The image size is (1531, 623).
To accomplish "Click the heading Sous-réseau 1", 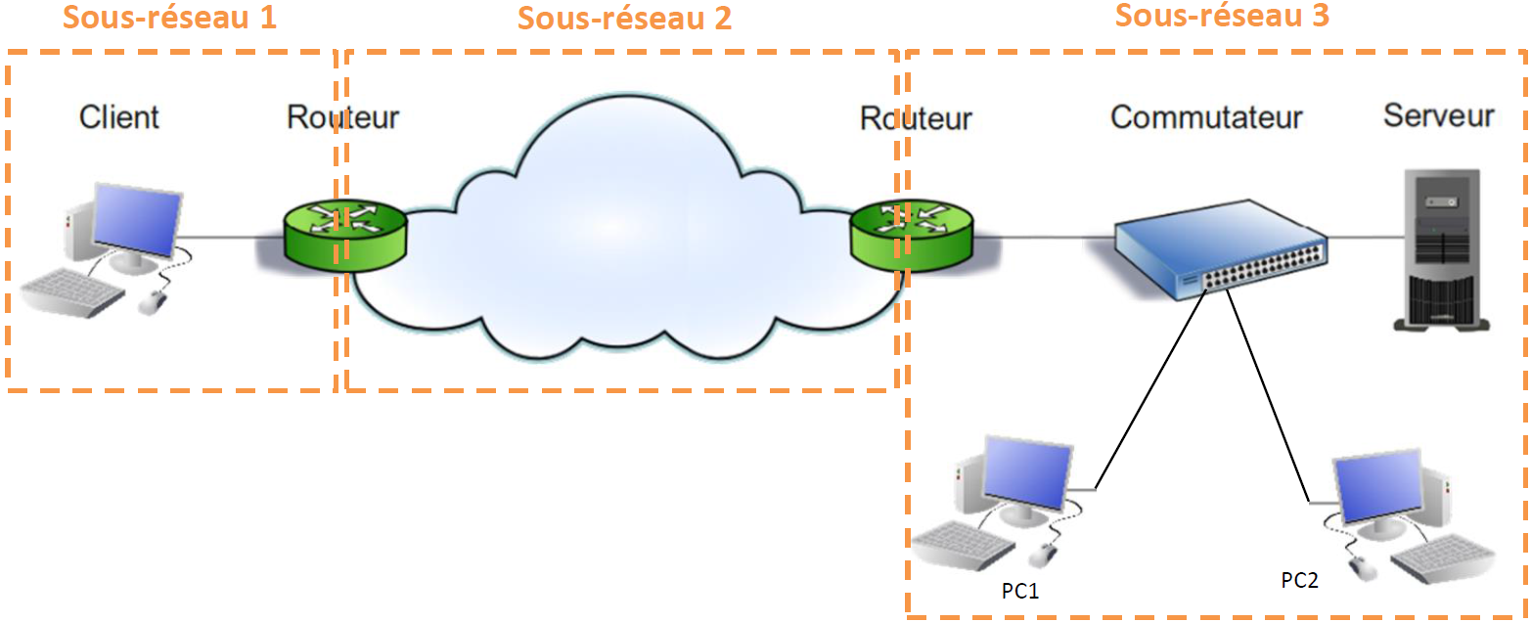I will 169,18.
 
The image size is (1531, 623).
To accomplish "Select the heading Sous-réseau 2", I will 624,18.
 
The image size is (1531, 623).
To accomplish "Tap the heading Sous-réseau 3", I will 1222,15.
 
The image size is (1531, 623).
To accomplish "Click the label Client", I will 118,117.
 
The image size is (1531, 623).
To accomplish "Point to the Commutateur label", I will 1206,117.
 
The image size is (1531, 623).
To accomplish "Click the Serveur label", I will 1438,115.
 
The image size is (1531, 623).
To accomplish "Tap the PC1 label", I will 1019,590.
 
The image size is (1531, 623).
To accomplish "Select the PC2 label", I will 1299,580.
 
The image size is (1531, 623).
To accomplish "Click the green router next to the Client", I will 344,235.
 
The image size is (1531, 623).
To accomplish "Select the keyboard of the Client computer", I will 74,292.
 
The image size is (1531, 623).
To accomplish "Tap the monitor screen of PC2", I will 1377,486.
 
